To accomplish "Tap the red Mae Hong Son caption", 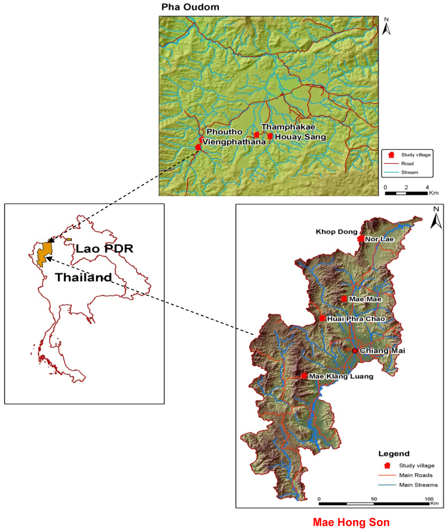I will pyautogui.click(x=351, y=522).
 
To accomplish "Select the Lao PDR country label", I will pyautogui.click(x=104, y=249).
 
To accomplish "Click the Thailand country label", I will pyautogui.click(x=83, y=277).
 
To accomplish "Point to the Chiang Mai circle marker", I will pyautogui.click(x=355, y=351).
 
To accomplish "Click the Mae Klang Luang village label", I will pyautogui.click(x=341, y=376).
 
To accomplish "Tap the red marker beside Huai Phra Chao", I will pyautogui.click(x=322, y=318).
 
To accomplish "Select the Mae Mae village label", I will pyautogui.click(x=365, y=299).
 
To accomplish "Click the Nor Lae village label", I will pyautogui.click(x=379, y=239).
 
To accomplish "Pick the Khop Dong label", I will pyautogui.click(x=336, y=232).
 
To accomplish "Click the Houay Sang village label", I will pyautogui.click(x=300, y=137).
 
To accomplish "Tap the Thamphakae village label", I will pyautogui.click(x=288, y=127).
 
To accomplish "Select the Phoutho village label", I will pyautogui.click(x=224, y=132).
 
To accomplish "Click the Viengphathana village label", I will pyautogui.click(x=234, y=142).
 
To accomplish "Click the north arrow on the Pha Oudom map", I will pyautogui.click(x=386, y=27).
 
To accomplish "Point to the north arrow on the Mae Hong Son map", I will pyautogui.click(x=436, y=218).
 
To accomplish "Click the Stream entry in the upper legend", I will pyautogui.click(x=409, y=172).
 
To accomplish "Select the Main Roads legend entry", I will pyautogui.click(x=416, y=475).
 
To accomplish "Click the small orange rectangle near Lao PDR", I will pyautogui.click(x=69, y=240).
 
